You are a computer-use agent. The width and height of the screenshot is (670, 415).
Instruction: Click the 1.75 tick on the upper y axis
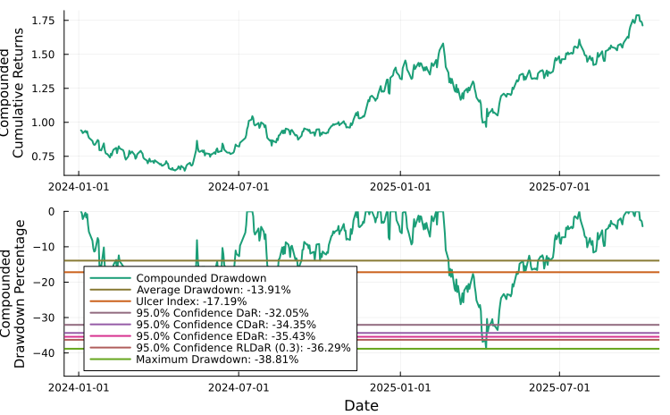44,20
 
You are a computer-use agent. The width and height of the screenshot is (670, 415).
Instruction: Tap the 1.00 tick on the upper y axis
44,123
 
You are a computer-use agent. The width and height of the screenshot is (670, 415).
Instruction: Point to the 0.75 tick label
44,157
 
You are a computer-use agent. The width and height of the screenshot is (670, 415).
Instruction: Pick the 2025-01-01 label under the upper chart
401,187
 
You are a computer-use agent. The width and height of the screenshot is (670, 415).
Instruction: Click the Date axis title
361,405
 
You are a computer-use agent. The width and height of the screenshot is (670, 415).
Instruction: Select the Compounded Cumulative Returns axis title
19,93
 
